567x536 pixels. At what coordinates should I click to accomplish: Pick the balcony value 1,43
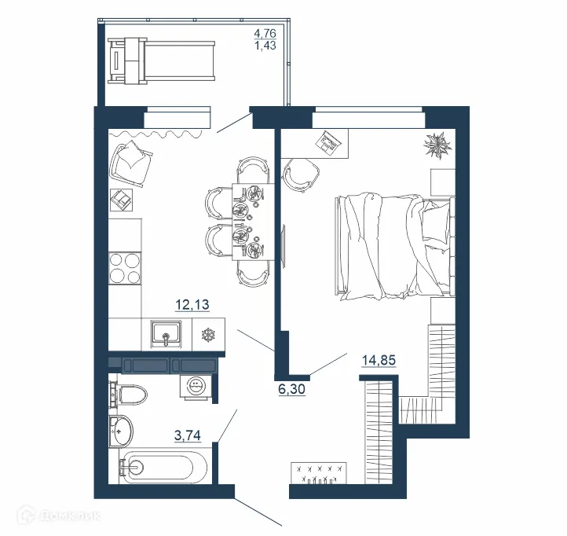coord(265,46)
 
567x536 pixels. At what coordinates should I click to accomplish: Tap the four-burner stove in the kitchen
coord(124,269)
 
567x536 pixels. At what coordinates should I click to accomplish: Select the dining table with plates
coord(249,220)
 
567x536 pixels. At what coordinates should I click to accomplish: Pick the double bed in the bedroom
coord(393,246)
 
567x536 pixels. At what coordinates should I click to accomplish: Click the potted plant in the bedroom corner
coord(436,146)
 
